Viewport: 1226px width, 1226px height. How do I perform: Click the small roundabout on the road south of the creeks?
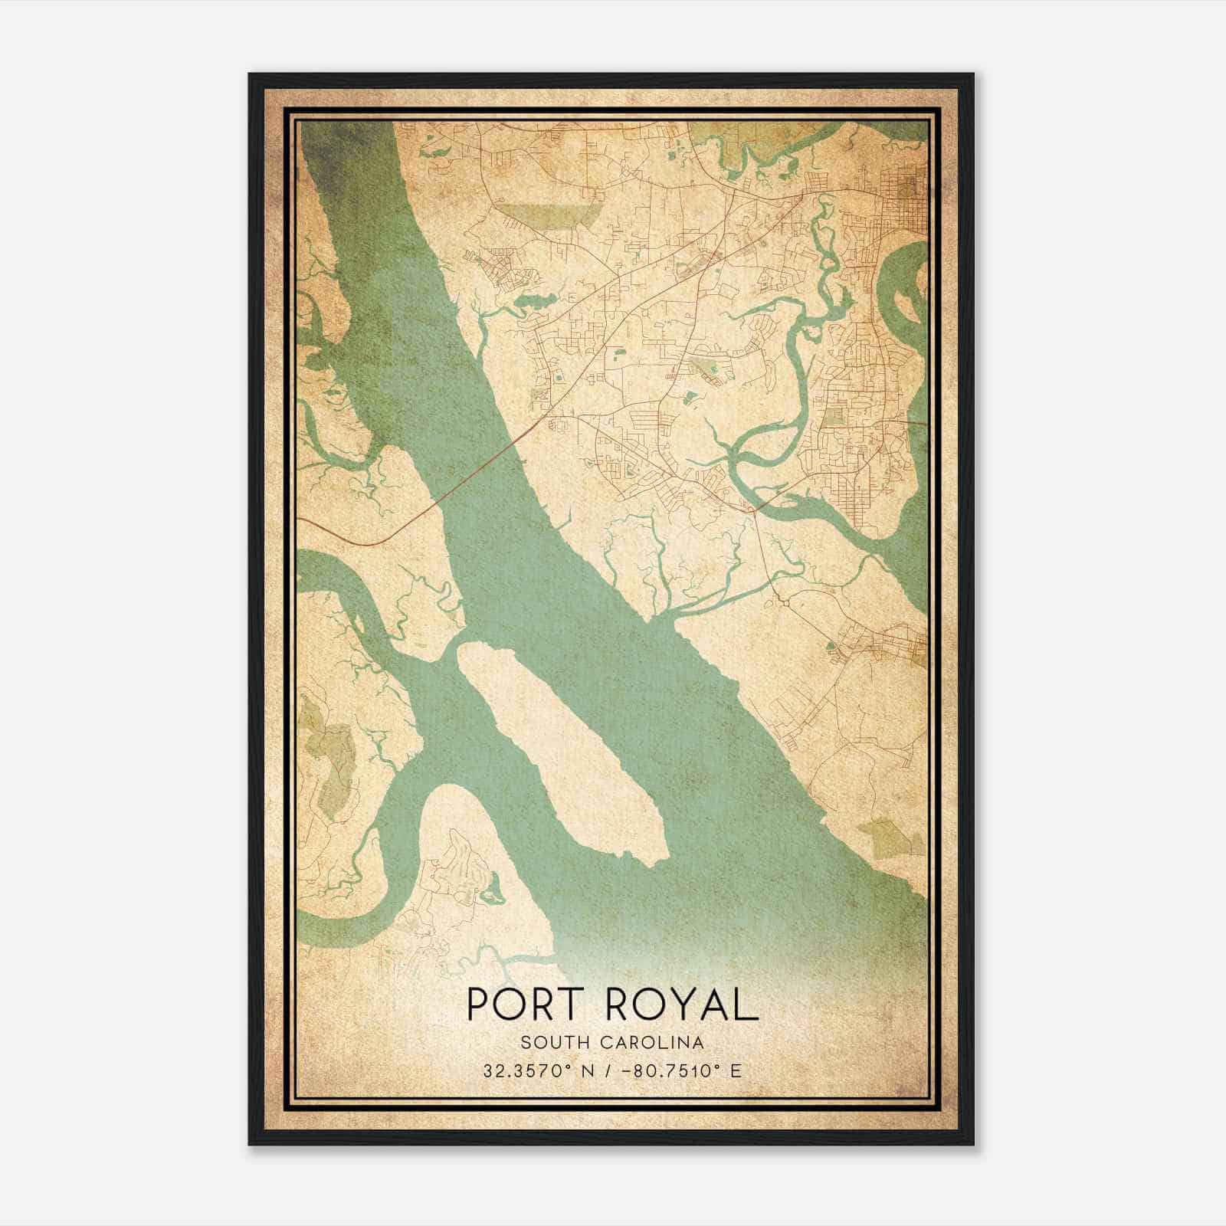pos(787,602)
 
